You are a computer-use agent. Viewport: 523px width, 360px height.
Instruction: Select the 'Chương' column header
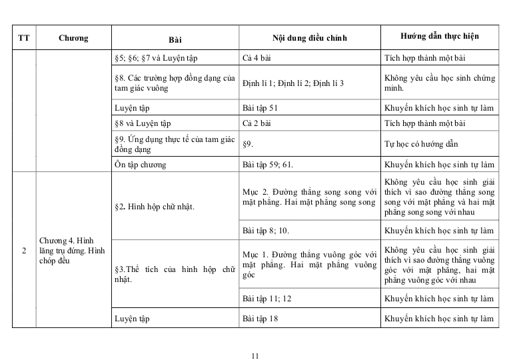pos(73,38)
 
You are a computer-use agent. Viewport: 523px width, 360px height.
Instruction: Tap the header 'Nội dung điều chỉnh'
pos(310,38)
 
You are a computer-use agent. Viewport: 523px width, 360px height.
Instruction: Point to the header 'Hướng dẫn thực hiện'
pos(440,36)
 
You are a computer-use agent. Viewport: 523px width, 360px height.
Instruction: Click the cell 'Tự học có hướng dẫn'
pos(421,143)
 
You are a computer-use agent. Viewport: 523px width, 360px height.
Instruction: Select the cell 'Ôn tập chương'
pos(140,164)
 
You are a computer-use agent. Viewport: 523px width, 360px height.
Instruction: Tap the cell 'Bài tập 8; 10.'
pos(266,231)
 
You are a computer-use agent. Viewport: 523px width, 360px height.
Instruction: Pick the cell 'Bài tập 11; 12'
pos(266,298)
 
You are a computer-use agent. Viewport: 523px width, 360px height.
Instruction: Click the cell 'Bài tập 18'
pos(260,319)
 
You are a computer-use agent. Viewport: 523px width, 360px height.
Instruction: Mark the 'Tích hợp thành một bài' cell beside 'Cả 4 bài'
pos(425,58)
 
